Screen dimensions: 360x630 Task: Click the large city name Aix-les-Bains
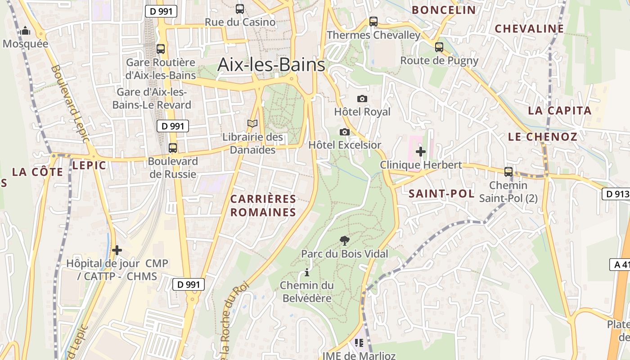[271, 65]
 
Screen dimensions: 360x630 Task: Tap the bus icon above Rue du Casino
[240, 9]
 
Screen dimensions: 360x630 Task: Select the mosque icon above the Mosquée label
[25, 31]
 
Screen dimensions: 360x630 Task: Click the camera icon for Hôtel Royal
[362, 99]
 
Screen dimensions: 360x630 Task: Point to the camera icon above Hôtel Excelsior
[345, 132]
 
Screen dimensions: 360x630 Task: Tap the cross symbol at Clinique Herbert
[421, 152]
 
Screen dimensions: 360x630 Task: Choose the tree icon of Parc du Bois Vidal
[345, 240]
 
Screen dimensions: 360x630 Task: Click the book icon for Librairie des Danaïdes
[252, 123]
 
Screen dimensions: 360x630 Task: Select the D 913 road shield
[616, 194]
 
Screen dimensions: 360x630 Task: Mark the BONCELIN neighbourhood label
[444, 10]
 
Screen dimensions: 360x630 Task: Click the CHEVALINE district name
[529, 29]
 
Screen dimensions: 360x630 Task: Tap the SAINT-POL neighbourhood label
[441, 194]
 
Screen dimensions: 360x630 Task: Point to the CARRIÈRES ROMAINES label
[263, 206]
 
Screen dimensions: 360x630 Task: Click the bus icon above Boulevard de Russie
[172, 148]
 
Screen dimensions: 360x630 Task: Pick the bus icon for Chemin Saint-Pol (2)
[508, 171]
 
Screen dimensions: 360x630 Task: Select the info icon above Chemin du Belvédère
[307, 272]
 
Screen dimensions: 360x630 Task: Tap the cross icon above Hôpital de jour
[117, 250]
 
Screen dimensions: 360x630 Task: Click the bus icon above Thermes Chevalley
[373, 21]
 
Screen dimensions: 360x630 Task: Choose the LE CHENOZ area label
[542, 137]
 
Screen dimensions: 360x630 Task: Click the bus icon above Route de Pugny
[439, 47]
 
